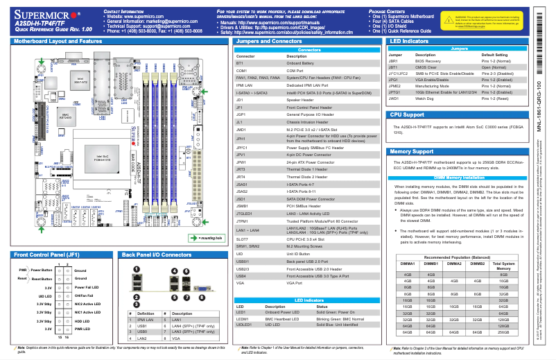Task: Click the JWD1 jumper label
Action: tap(393, 98)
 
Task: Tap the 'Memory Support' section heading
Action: tap(412, 151)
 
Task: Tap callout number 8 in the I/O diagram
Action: tap(201, 277)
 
